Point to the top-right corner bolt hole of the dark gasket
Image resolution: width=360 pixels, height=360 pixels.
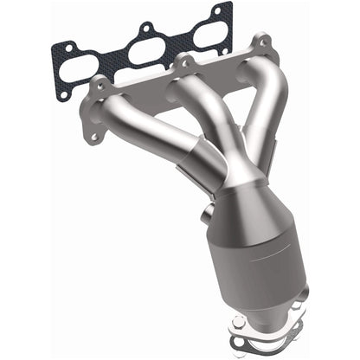pos(227,11)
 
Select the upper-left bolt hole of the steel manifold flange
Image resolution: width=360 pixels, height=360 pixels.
pos(98,85)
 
